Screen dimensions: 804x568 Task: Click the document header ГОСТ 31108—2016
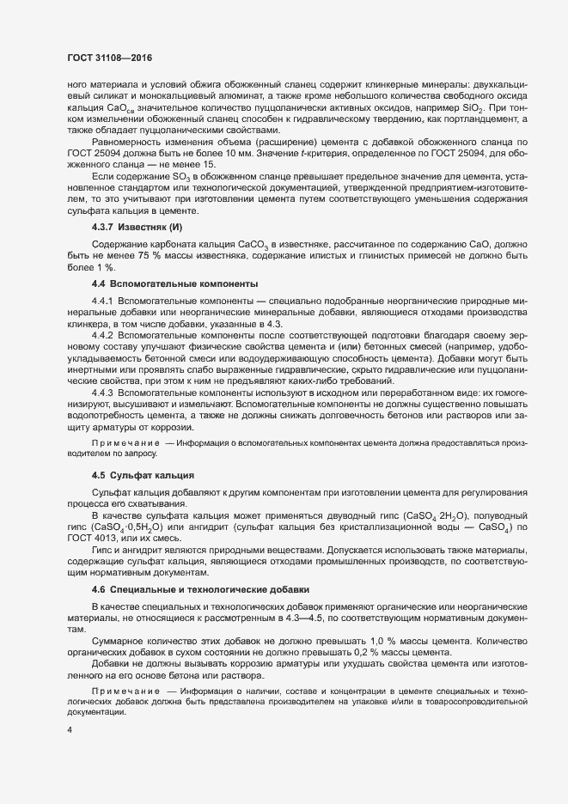pyautogui.click(x=109, y=58)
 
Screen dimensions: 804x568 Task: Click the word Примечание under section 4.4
pyautogui.click(x=125, y=444)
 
